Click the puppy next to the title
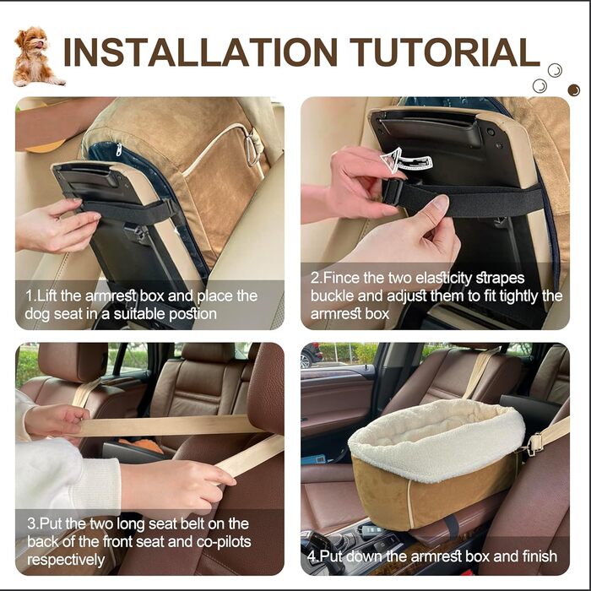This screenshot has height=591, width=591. (x=35, y=57)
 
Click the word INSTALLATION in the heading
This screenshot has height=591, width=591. (x=201, y=52)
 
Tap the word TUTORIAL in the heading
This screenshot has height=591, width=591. (x=445, y=52)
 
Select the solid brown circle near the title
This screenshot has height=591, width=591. (x=573, y=89)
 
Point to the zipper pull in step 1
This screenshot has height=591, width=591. (x=119, y=149)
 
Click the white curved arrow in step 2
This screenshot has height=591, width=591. (x=405, y=160)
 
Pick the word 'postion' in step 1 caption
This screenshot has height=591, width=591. (x=192, y=314)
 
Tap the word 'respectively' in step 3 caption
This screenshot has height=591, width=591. (x=66, y=560)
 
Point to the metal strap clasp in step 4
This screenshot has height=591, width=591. (x=535, y=443)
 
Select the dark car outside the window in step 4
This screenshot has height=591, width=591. (x=311, y=355)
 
